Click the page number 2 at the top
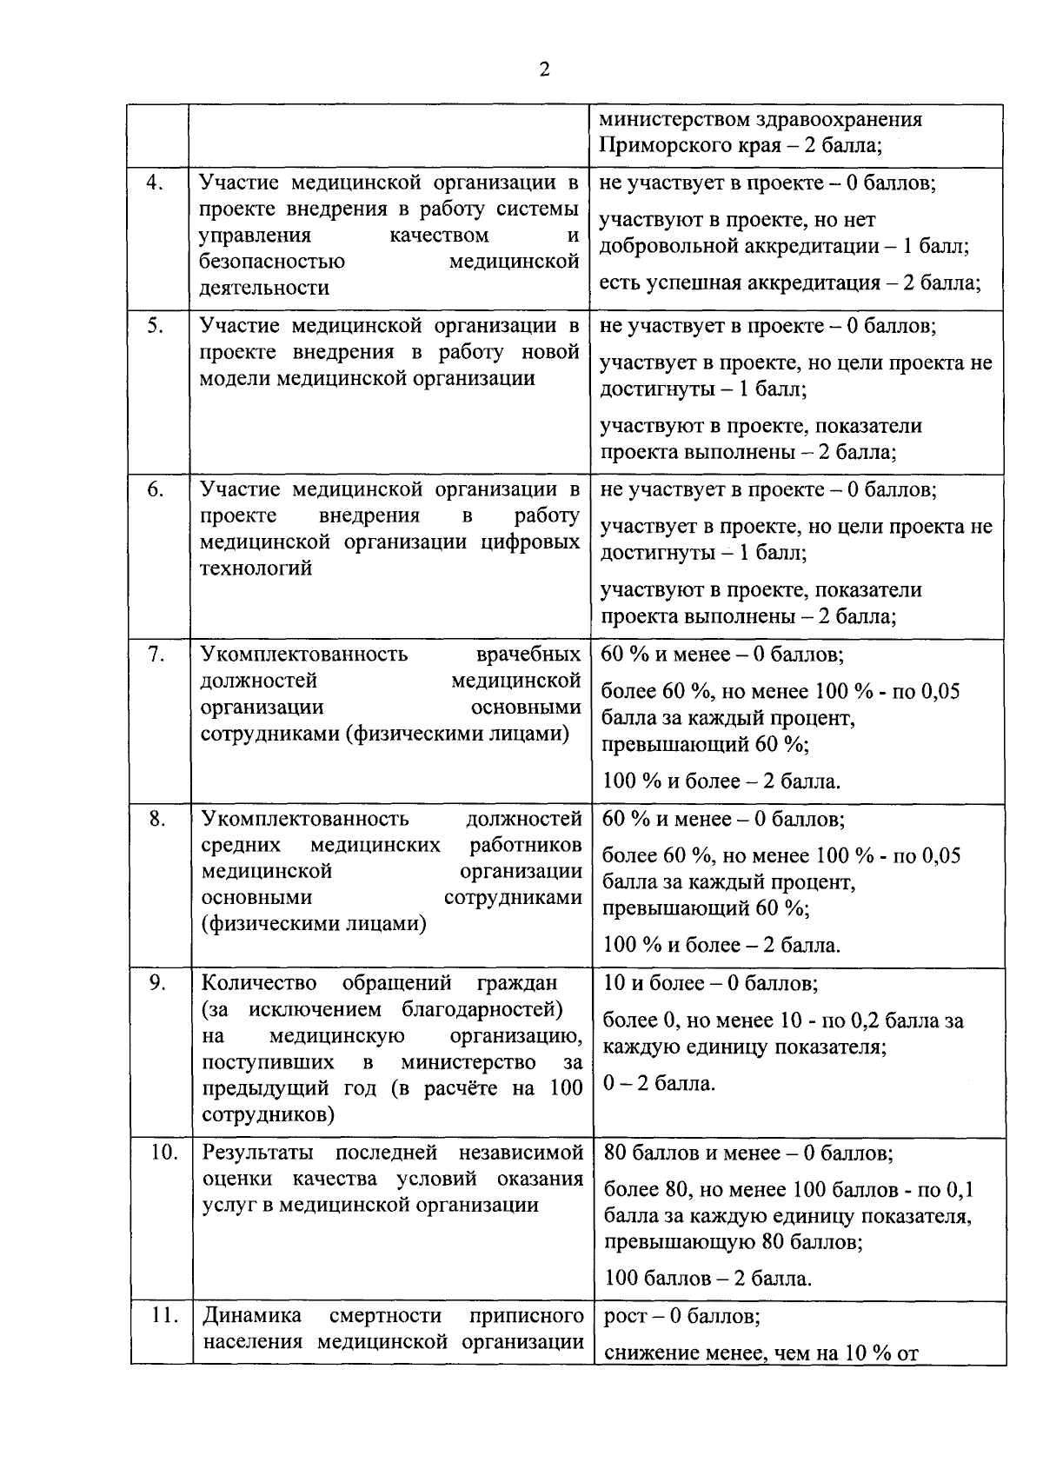(544, 70)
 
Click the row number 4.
(155, 183)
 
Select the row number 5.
(155, 326)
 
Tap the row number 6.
(155, 489)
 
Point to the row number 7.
(156, 654)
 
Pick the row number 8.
(156, 818)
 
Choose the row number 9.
(157, 982)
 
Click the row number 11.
(164, 1315)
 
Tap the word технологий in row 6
(256, 568)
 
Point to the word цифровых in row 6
(530, 542)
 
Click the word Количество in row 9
(260, 983)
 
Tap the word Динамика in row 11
(252, 1315)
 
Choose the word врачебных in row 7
(528, 654)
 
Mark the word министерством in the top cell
(667, 119)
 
